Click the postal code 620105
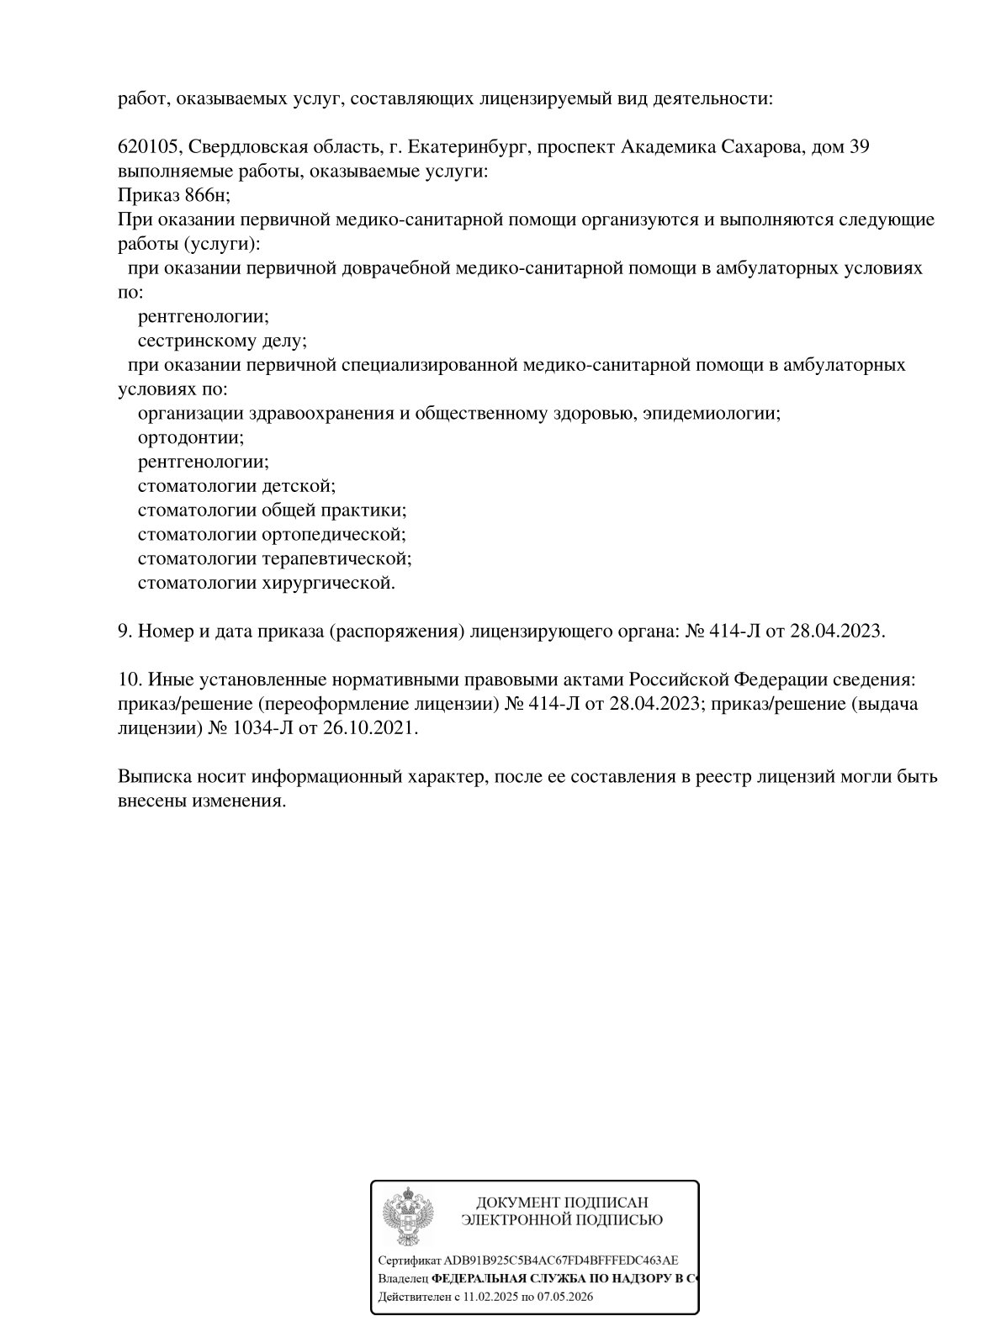coord(148,147)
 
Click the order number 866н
coord(206,196)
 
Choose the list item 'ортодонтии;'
coord(191,438)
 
